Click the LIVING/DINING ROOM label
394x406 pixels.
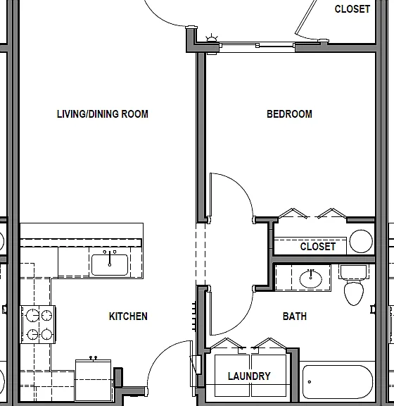[x=103, y=114]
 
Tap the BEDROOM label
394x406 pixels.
[x=289, y=114]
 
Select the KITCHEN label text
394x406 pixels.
[x=128, y=316]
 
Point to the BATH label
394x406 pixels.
[x=295, y=316]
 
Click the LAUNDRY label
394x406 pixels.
[x=249, y=376]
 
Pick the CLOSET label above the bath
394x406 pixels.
[x=318, y=247]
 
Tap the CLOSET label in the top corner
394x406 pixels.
[x=352, y=9]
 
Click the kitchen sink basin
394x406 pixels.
[x=110, y=264]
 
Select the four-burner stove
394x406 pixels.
[x=38, y=325]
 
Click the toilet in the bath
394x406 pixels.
[x=354, y=285]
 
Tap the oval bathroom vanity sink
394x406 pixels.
[x=311, y=279]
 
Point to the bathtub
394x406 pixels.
[x=338, y=382]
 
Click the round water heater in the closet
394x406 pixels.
[x=361, y=241]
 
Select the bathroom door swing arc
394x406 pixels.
[x=241, y=322]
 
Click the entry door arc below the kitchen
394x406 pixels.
[x=160, y=353]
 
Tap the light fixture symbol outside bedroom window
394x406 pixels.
[x=212, y=38]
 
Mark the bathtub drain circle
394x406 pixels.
[x=309, y=381]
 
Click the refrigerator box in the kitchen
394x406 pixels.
[x=94, y=380]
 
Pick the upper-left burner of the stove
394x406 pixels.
[x=33, y=316]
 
